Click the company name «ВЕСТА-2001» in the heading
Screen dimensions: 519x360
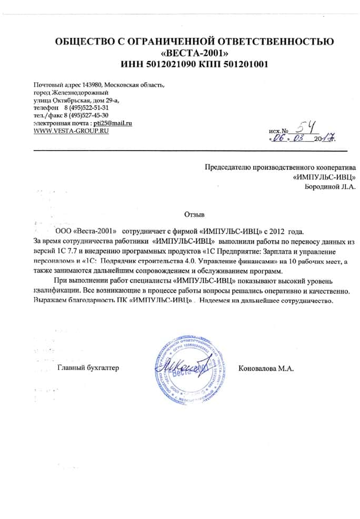pos(194,53)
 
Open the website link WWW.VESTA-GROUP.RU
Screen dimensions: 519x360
pos(71,130)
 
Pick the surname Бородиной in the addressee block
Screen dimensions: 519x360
pos(323,186)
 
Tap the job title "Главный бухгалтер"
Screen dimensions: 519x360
pos(88,368)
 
